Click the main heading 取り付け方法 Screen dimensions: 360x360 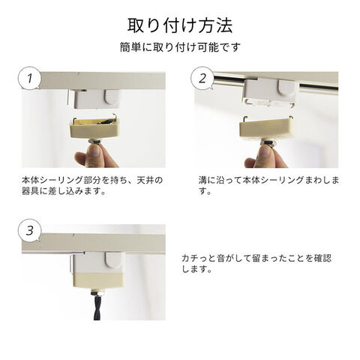coord(180,25)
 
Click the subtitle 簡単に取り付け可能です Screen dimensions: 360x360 coord(180,47)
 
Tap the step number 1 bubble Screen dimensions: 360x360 coord(30,78)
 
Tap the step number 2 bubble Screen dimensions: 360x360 coord(202,78)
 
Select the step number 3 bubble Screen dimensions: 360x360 coord(30,230)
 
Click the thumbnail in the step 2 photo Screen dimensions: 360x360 coord(266,152)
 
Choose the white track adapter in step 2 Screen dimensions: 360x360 coord(270,92)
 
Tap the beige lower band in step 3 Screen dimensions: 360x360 coord(98,280)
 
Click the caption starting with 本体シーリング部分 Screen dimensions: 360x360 coord(92,185)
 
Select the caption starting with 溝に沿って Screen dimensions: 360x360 coord(268,185)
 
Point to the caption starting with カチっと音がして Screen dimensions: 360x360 coord(256,263)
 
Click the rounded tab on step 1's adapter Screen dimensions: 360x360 coord(112,97)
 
